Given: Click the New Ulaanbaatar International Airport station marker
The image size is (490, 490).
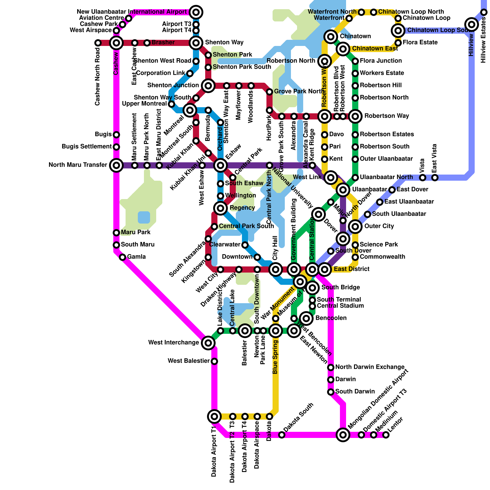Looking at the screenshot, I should click(x=196, y=12).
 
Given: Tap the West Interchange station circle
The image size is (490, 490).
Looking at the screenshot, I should click(x=208, y=343).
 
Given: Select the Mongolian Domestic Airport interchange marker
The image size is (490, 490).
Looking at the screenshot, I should click(x=343, y=435).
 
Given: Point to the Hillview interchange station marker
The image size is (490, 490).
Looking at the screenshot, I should click(x=472, y=24).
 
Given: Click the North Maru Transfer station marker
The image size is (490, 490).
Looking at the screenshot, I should click(x=116, y=165).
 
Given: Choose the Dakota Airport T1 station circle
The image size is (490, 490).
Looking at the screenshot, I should click(x=214, y=416).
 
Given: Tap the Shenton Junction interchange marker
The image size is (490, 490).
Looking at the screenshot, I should click(x=208, y=85).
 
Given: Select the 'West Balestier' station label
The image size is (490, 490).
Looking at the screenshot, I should click(x=188, y=361).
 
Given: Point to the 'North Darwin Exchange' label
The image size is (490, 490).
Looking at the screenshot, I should click(x=370, y=367).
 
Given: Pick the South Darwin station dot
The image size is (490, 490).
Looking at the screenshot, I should click(x=331, y=392).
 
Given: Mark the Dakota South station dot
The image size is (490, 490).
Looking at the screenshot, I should click(x=282, y=435).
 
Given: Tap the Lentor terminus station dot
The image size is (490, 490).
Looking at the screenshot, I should click(x=386, y=435).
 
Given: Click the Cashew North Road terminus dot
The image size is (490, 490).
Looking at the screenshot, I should click(x=98, y=43).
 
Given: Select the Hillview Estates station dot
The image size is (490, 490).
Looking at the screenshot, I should click(x=484, y=12).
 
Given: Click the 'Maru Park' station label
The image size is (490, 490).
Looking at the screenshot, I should click(x=136, y=232).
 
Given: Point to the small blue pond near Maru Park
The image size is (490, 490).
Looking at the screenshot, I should click(x=144, y=217).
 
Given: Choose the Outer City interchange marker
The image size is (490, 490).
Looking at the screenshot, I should click(x=355, y=227).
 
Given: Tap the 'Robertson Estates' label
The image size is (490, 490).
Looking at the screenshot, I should click(x=387, y=134).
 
